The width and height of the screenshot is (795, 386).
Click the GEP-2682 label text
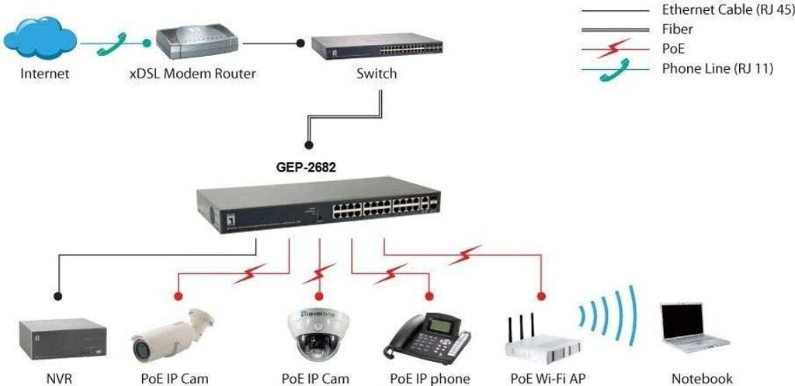[x=306, y=165]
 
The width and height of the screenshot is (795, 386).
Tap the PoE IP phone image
[x=429, y=337]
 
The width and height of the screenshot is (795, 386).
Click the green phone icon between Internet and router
[x=110, y=43]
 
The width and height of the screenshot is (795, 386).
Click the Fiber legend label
[x=677, y=30]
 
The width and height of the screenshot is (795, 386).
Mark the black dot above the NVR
[x=57, y=296]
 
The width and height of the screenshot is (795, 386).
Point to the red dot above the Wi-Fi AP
[x=542, y=296]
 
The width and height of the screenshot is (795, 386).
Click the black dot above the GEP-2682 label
[x=309, y=144]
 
